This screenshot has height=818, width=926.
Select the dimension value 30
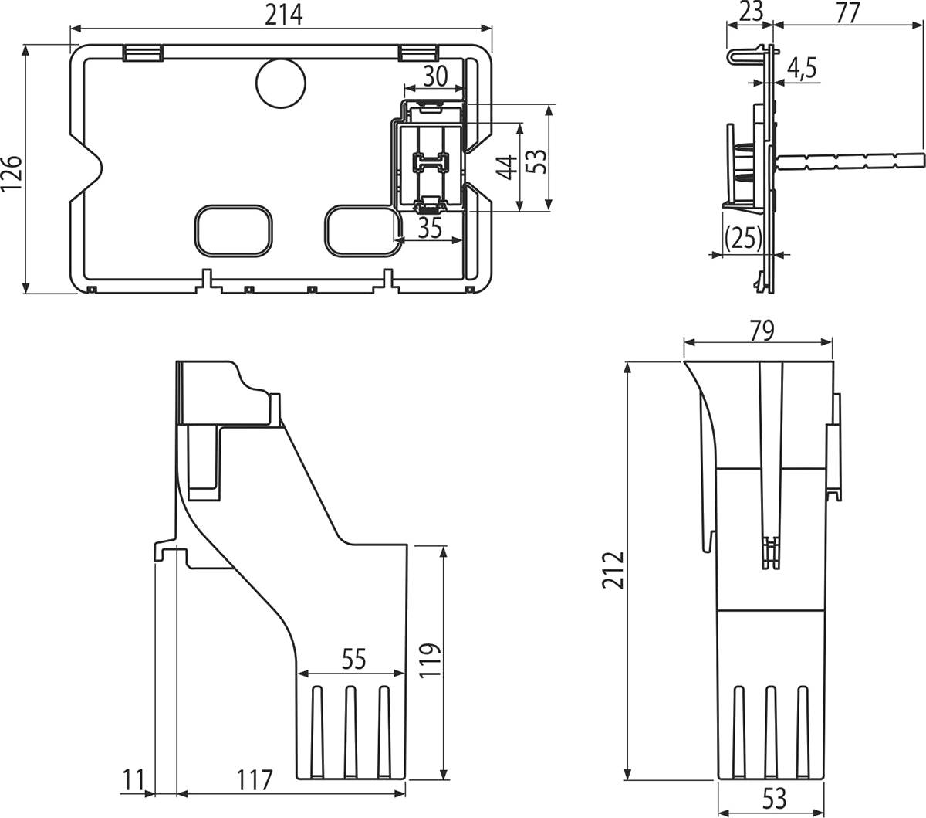point(434,76)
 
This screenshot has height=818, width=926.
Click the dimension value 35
point(430,229)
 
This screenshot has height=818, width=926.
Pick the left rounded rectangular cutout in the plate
point(233,229)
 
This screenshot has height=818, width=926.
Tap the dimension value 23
point(749,12)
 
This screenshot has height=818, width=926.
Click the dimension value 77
point(847,12)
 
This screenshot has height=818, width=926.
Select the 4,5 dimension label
point(802,70)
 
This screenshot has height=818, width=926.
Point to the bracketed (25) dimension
point(744,238)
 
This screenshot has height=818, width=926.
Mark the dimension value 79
point(758,330)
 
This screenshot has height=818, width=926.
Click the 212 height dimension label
point(613,570)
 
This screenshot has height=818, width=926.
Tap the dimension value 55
point(353,659)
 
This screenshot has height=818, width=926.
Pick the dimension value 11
point(133,780)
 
